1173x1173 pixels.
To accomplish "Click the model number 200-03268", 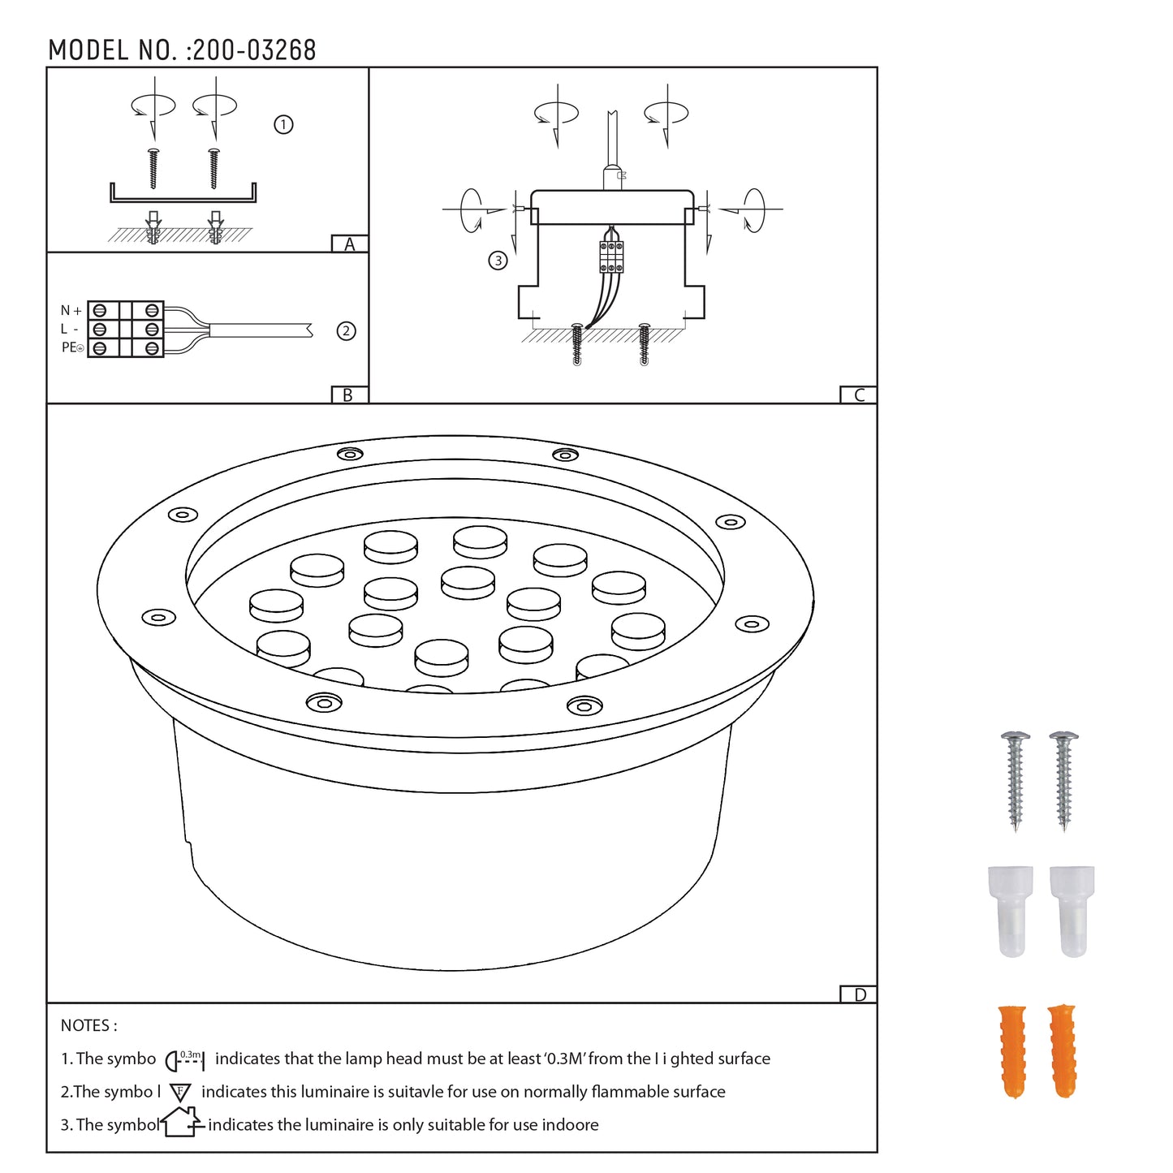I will [253, 50].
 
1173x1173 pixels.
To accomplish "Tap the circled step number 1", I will [283, 125].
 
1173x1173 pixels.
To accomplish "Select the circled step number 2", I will [347, 331].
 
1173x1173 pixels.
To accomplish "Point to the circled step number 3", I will [498, 261].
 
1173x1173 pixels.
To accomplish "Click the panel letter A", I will [350, 244].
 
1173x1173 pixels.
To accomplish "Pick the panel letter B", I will [348, 395].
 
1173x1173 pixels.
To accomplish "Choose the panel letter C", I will [859, 395].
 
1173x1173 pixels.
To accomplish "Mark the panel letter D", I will [860, 995].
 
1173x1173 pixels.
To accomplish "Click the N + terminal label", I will [71, 311].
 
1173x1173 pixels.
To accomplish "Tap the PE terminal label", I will [71, 347].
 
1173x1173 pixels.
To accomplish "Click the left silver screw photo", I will [1015, 779].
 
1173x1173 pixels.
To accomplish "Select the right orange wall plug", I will [1062, 1051].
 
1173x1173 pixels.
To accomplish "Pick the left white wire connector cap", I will [1011, 910].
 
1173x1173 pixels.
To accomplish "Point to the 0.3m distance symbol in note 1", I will [185, 1059].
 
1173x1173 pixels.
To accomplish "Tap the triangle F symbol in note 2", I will [180, 1093].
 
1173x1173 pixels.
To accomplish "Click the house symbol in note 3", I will [181, 1123].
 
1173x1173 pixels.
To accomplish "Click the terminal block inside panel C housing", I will [611, 257].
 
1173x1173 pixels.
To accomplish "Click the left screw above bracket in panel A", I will [153, 168].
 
